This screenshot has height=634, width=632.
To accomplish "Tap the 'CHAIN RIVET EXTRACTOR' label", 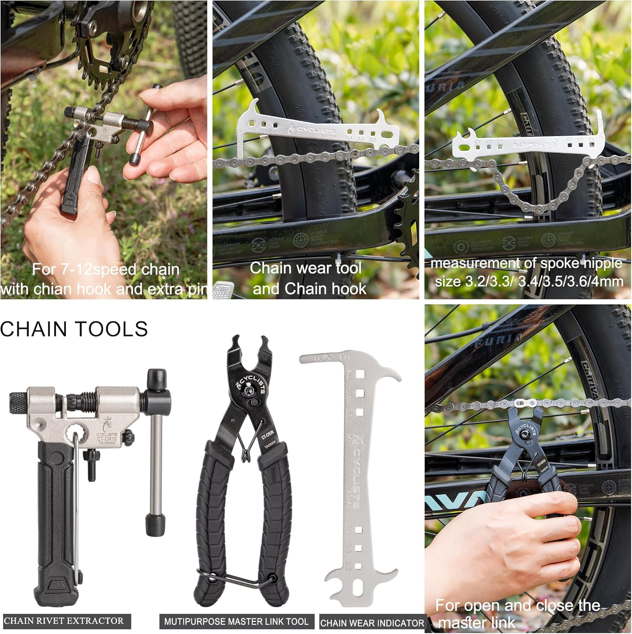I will click(64, 621).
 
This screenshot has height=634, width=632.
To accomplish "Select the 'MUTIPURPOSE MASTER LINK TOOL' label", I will click(236, 622).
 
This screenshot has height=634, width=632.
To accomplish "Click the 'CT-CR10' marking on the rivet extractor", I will click(106, 439).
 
